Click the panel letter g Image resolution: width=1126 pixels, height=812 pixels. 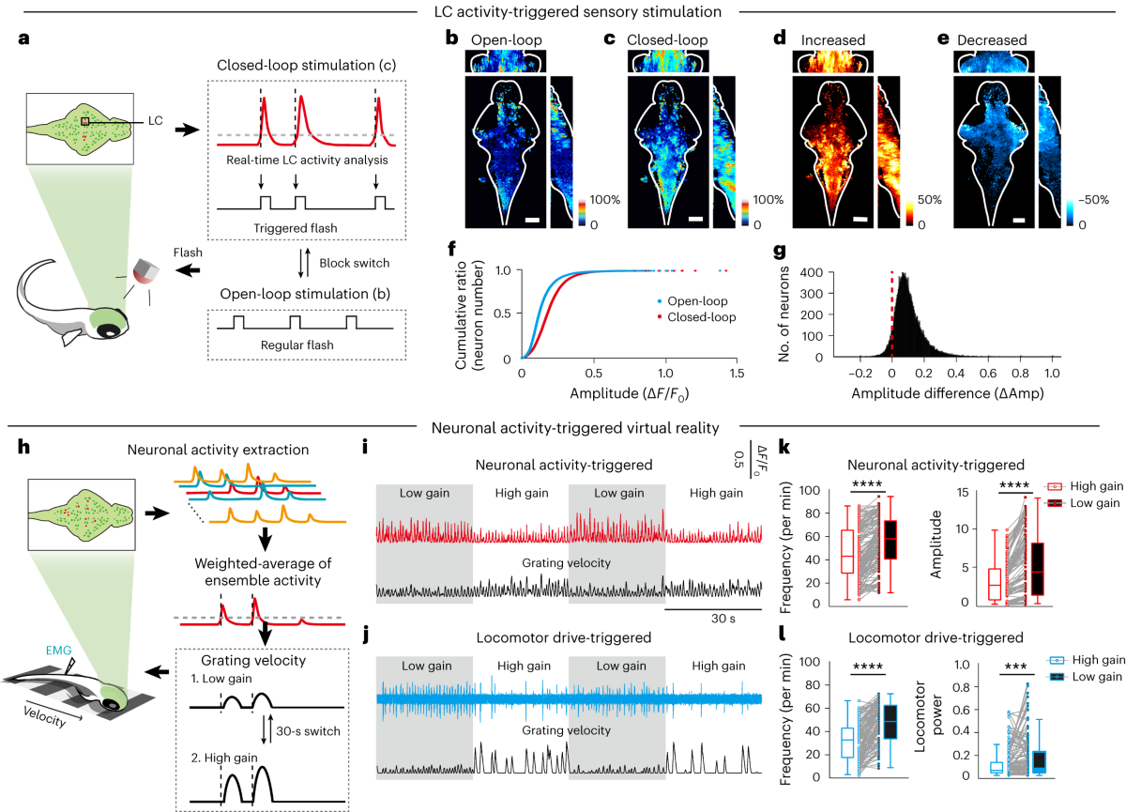780,251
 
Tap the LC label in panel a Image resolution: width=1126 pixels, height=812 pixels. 156,121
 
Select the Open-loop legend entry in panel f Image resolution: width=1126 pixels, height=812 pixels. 692,301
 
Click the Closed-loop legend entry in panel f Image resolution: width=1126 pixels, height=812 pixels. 696,317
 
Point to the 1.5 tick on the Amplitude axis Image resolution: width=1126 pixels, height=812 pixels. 737,373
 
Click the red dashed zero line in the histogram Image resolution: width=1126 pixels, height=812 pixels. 892,314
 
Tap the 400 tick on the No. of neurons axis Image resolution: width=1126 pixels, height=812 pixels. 812,272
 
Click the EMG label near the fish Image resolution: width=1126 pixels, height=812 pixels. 59,651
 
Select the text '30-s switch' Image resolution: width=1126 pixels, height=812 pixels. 308,731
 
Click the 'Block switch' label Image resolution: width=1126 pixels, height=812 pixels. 355,263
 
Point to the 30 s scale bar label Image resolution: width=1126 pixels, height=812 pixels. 723,619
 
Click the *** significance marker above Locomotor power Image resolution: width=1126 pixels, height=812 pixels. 1016,666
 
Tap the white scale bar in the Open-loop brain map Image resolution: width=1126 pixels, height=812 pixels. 532,220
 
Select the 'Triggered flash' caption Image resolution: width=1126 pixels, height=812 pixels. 295,228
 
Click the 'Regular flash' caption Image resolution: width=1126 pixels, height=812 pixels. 297,345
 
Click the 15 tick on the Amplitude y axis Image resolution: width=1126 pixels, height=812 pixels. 962,492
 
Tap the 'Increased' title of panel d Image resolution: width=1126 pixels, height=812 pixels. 833,40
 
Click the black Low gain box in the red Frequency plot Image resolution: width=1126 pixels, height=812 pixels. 890,540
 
